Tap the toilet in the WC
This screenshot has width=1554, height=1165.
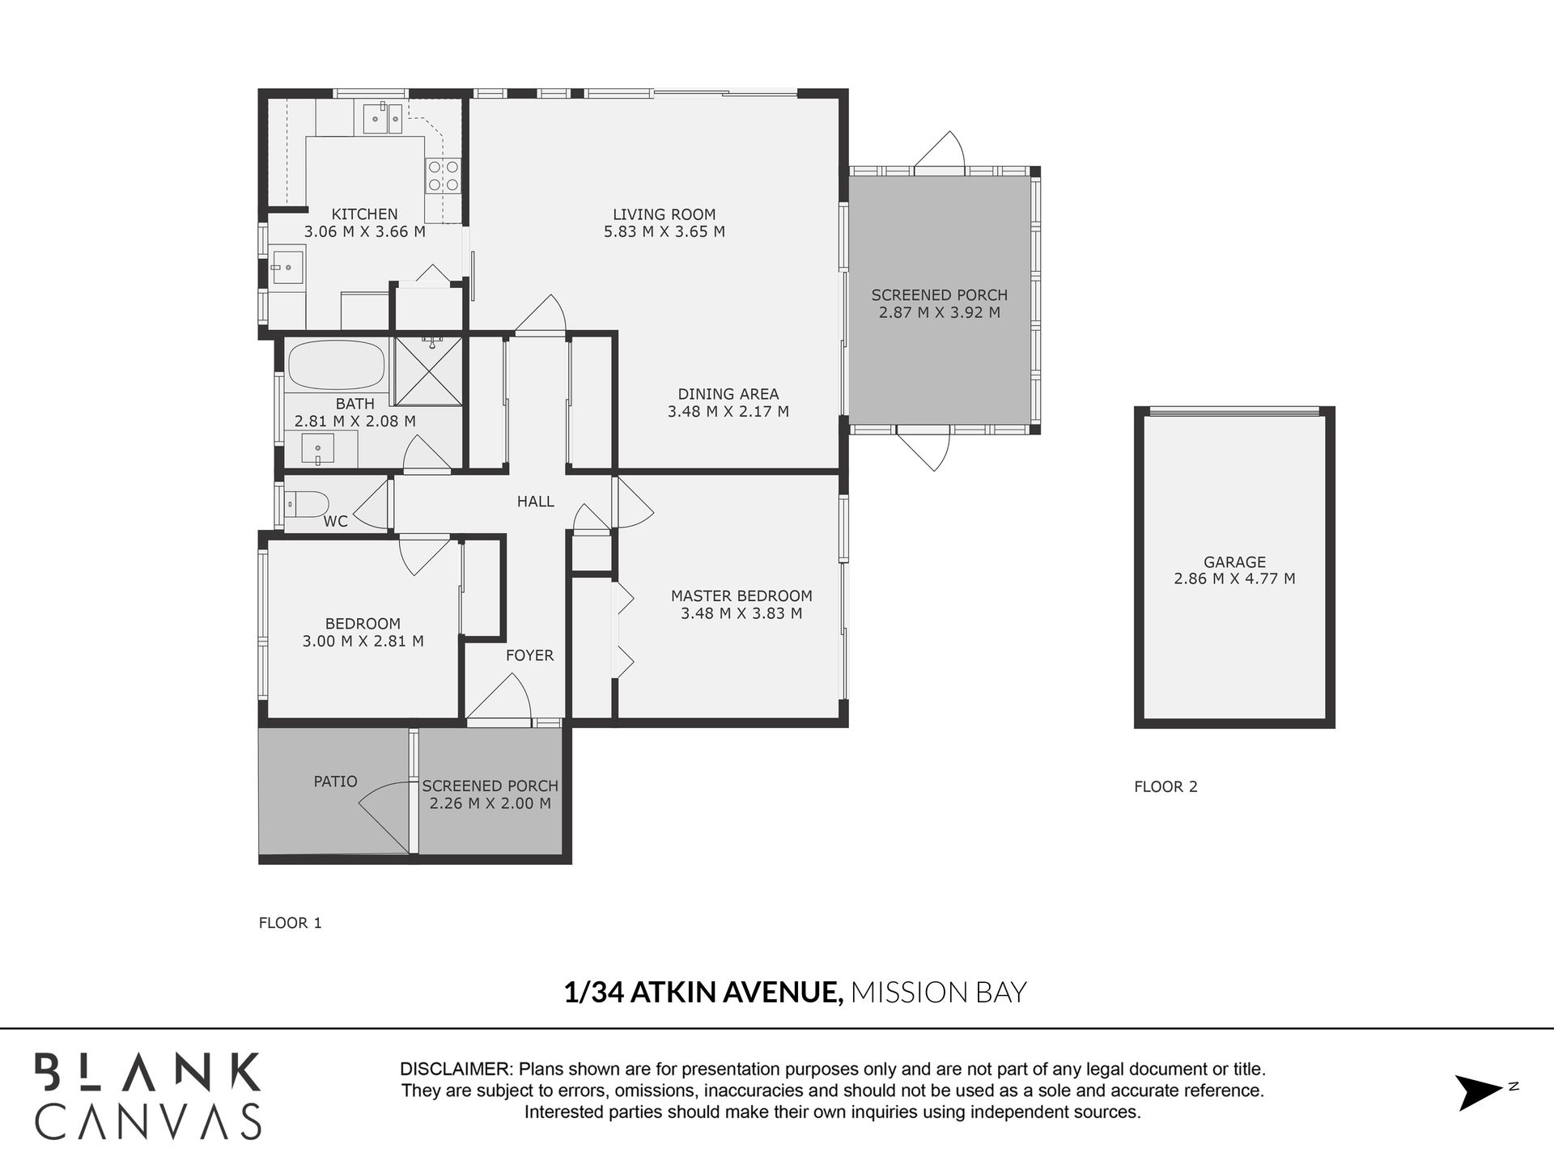pos(307,505)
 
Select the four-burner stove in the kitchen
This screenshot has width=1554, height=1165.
pos(443,176)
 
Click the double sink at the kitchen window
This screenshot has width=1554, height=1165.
pos(382,118)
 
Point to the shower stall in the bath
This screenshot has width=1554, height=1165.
pos(427,371)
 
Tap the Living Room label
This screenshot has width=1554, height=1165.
pos(664,214)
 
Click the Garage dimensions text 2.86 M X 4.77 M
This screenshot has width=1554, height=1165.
pos(1234,579)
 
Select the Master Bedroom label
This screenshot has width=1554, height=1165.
pos(741,596)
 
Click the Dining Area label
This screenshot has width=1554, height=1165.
pos(728,394)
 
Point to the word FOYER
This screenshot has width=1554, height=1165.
pos(529,655)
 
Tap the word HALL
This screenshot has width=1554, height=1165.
pos(536,502)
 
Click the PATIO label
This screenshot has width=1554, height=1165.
pos(335,782)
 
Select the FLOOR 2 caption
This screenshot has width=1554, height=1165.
pos(1165,786)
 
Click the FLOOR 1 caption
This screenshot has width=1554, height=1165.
pos(290,923)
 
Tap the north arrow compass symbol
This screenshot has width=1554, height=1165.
pos(1480,1092)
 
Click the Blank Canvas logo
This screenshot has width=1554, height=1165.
pos(147,1095)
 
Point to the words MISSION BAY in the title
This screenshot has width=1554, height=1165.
pos(939,992)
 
